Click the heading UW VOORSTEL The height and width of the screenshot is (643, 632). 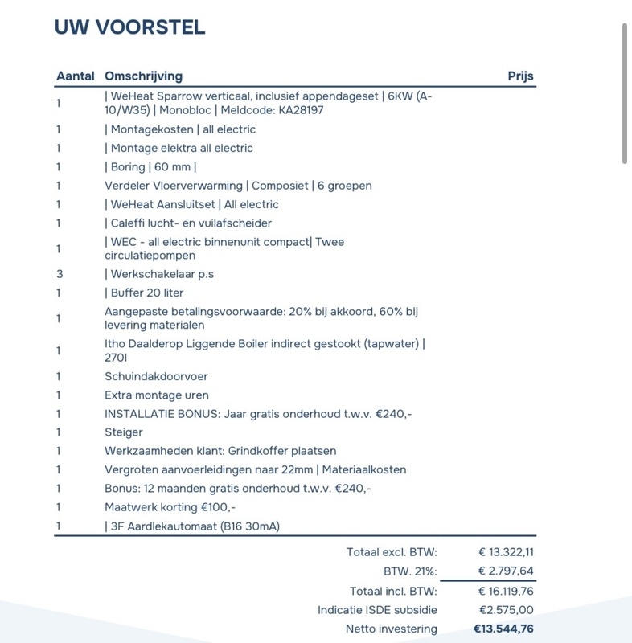point(129,27)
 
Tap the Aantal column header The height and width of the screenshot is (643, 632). point(74,76)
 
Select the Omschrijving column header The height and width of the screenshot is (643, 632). point(143,76)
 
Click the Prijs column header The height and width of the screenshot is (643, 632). point(520,76)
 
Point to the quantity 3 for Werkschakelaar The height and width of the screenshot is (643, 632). point(59,274)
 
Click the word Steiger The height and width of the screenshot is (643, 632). point(124,432)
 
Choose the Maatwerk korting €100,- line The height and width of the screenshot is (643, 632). point(170,507)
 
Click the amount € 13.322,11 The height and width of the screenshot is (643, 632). point(506,552)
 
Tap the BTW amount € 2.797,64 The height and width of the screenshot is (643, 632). point(506,571)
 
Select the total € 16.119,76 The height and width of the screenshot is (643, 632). point(506,591)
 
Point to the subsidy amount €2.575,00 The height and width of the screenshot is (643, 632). point(506,610)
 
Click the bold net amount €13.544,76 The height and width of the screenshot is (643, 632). point(503,629)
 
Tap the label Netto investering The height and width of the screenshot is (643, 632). point(392,629)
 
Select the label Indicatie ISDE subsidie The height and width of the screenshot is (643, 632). point(377,610)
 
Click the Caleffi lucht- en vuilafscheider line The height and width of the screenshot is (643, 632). point(188,223)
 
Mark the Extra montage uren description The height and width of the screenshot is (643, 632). point(156,395)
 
